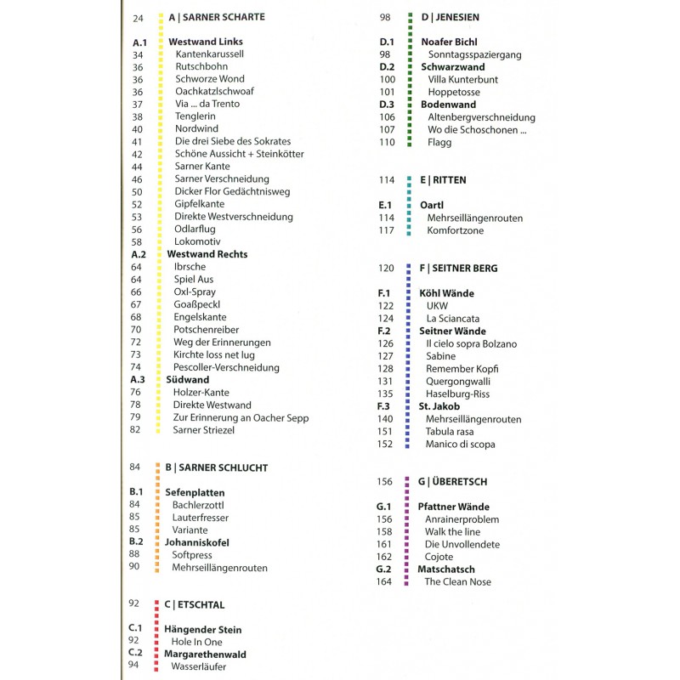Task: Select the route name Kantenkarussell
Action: point(209,54)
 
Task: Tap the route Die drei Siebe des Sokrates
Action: point(233,141)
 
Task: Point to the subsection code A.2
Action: point(140,254)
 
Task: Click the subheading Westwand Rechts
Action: point(207,254)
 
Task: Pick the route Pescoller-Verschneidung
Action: point(226,367)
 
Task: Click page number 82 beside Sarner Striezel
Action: point(136,430)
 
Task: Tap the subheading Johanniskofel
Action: point(196,542)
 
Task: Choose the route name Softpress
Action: point(192,555)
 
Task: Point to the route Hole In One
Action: point(196,642)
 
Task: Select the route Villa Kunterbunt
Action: point(463,79)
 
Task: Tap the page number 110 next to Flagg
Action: point(388,142)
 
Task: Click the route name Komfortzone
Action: point(455,230)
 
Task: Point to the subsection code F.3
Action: point(384,406)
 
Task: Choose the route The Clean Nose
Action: point(458,581)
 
